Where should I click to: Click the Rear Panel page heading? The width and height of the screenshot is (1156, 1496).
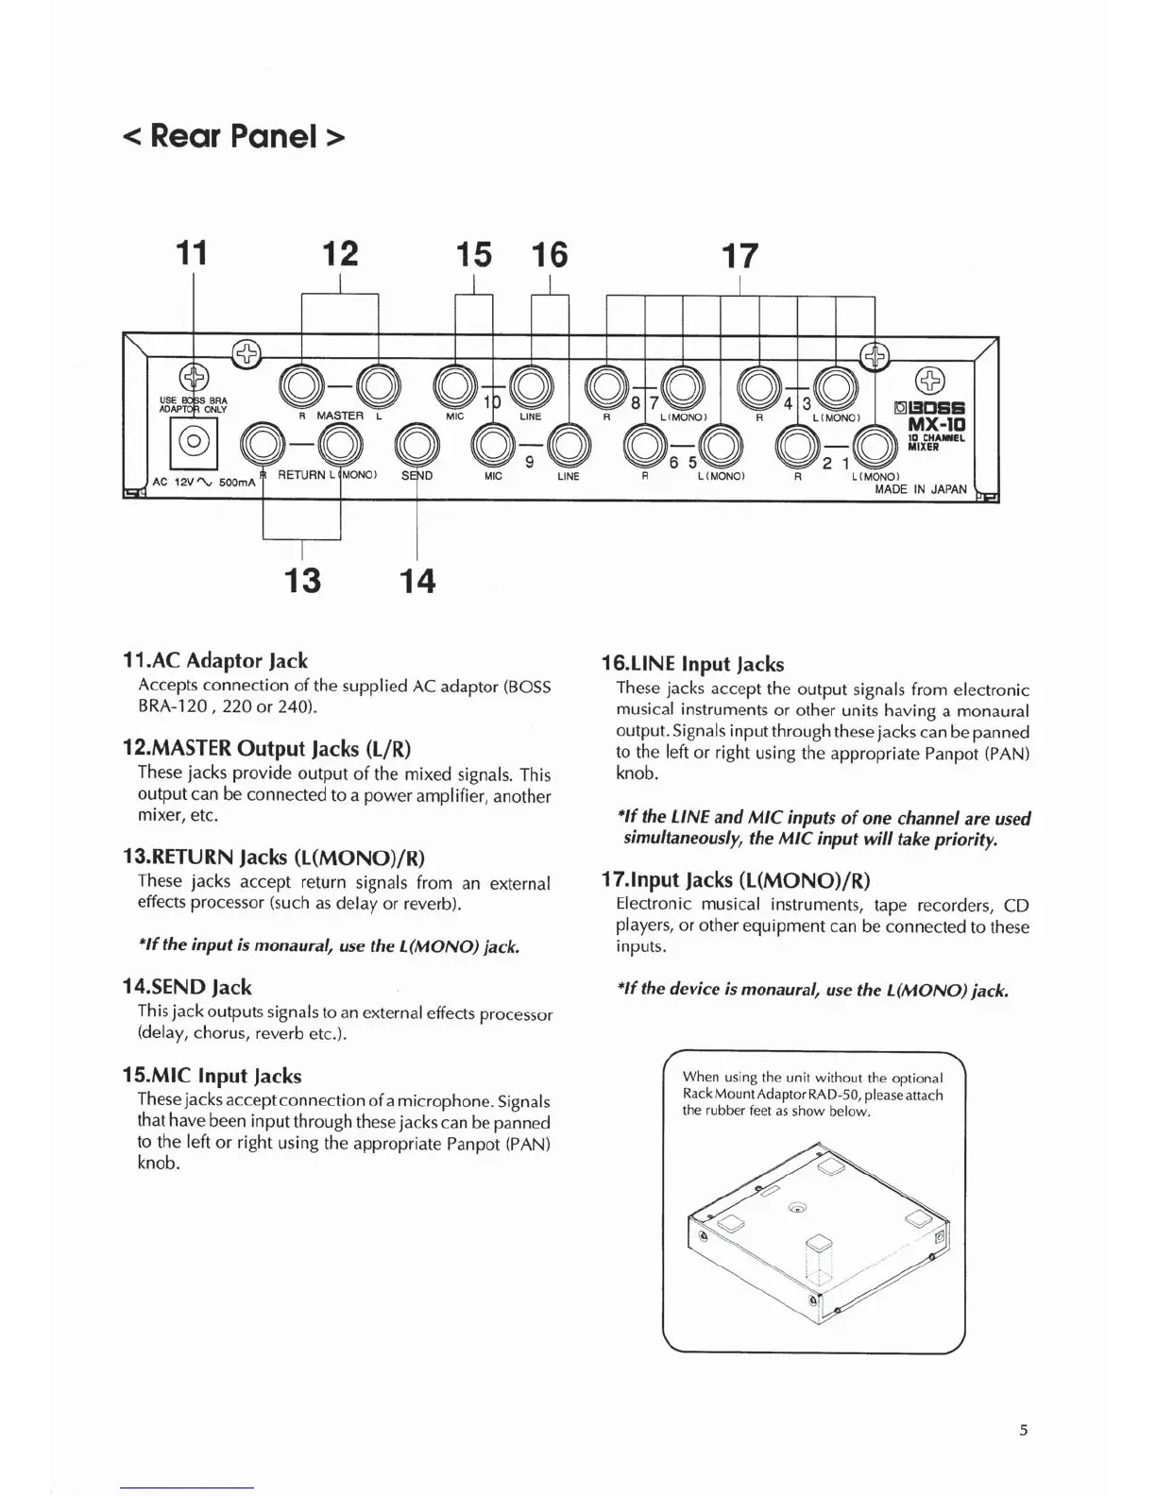(x=233, y=136)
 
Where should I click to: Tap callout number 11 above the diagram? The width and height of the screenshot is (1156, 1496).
(x=193, y=253)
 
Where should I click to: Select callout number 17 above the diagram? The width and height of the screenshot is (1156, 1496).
(x=739, y=256)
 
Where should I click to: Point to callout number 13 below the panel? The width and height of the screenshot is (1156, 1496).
(x=302, y=580)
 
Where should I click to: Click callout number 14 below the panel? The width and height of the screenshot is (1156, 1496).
(x=417, y=580)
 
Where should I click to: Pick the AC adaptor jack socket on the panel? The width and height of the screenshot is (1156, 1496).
(x=195, y=441)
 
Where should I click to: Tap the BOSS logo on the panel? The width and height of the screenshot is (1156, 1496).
(x=930, y=409)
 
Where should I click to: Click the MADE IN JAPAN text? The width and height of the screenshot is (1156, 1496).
(x=921, y=489)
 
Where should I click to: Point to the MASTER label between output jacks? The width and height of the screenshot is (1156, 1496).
(x=340, y=416)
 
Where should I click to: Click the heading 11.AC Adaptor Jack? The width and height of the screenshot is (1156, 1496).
(x=215, y=660)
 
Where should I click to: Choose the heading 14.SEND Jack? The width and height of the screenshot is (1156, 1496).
(x=187, y=987)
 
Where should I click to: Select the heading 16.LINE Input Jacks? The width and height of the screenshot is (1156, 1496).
(x=693, y=664)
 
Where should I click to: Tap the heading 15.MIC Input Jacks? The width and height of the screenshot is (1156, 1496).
(x=212, y=1076)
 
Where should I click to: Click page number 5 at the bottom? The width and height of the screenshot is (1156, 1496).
(x=1024, y=1430)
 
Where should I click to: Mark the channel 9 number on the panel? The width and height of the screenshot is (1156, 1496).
(x=530, y=462)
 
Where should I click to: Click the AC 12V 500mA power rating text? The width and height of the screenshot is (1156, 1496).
(x=204, y=482)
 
